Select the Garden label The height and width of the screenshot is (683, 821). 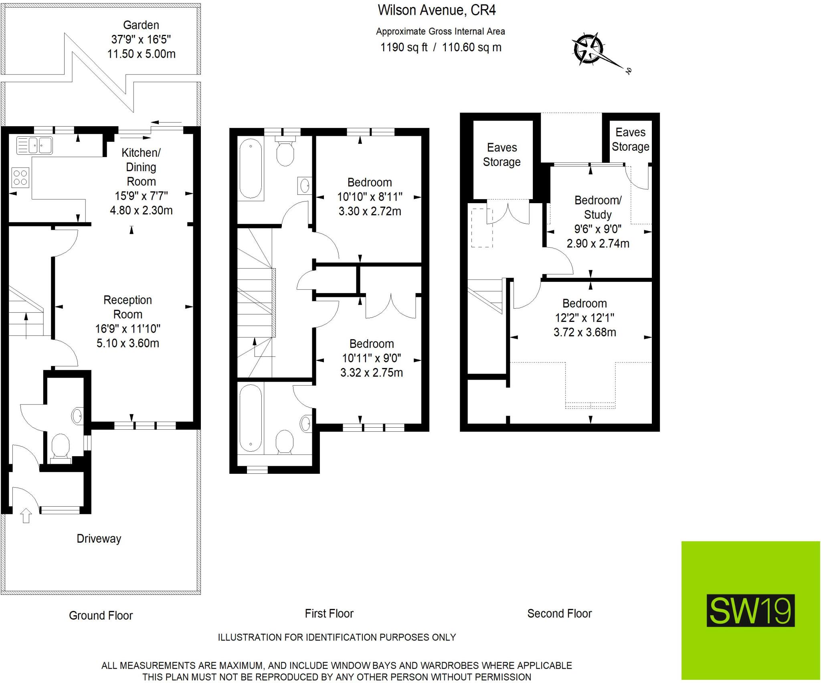coord(141,25)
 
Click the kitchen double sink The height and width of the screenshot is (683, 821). coord(34,145)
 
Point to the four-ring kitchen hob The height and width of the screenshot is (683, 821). coord(20,178)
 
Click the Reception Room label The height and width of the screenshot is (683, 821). coord(127,307)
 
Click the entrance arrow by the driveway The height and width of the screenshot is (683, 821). coord(26,515)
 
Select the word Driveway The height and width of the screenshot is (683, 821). coord(99,539)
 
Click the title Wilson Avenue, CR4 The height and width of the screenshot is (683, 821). coord(437,10)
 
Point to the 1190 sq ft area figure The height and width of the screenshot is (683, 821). coord(404,47)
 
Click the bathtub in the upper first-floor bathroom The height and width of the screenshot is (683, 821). coord(251,169)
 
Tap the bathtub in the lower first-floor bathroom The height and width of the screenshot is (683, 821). coord(251,418)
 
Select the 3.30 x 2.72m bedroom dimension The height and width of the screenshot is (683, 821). coord(370,211)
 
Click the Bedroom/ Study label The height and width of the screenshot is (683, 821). coord(598,207)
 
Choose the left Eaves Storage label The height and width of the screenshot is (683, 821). coord(502,155)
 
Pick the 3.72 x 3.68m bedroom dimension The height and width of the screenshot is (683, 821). coord(584,332)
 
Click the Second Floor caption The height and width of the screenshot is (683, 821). coord(559,614)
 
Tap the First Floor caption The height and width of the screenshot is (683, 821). coord(329,614)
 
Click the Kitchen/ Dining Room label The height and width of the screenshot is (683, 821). coord(141,167)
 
